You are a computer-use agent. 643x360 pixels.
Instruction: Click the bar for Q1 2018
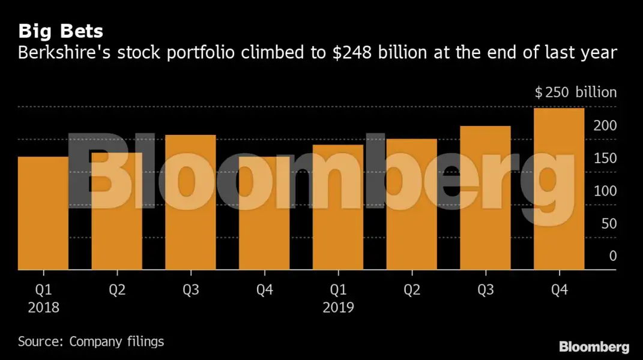tap(43, 213)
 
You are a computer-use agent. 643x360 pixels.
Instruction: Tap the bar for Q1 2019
tap(338, 207)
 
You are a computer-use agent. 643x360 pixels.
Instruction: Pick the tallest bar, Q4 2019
tap(559, 189)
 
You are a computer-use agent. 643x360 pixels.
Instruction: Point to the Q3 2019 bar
tap(485, 198)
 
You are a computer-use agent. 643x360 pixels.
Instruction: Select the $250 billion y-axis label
tap(576, 92)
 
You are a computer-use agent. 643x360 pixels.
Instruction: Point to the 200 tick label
tap(605, 125)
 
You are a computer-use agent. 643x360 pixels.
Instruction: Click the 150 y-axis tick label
tap(605, 158)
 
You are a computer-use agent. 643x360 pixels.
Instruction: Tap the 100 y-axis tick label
tap(605, 191)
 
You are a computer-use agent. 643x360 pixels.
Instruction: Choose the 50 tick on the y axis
tap(608, 223)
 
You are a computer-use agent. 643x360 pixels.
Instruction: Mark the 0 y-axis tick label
tap(612, 256)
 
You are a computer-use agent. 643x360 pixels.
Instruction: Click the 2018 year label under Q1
tap(44, 308)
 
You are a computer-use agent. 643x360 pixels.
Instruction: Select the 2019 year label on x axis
tap(338, 308)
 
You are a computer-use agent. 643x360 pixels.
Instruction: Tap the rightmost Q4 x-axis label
tap(559, 290)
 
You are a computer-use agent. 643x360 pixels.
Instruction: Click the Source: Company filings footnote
tap(91, 342)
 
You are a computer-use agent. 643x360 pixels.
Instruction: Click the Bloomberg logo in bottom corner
tap(594, 347)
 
